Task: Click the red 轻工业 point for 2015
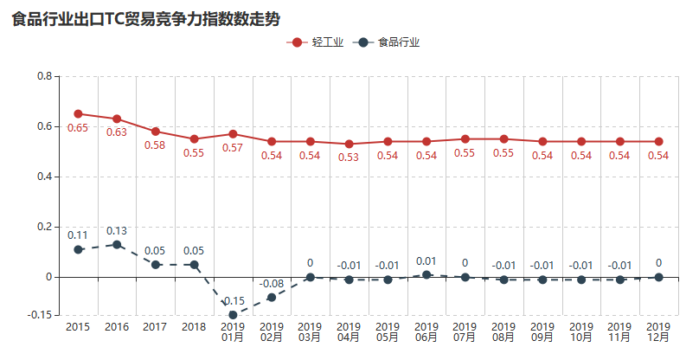[x=78, y=113]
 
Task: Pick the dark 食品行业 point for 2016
[x=117, y=244]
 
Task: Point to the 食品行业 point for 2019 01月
[x=233, y=315]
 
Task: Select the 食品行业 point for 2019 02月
[x=272, y=297]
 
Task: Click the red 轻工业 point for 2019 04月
[x=349, y=144]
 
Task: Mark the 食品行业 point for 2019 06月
[x=426, y=274]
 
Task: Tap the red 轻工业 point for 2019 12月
[x=658, y=141]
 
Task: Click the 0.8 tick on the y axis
[x=45, y=76]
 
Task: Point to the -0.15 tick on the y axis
[x=40, y=315]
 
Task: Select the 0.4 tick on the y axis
[x=45, y=177]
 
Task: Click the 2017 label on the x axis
[x=155, y=327]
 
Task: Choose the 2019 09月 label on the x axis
[x=542, y=332]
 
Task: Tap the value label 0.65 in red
[x=78, y=128]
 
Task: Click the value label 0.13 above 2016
[x=117, y=230]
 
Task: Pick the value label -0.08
[x=272, y=283]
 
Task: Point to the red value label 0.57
[x=233, y=148]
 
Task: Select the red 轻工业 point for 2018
[x=194, y=138]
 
